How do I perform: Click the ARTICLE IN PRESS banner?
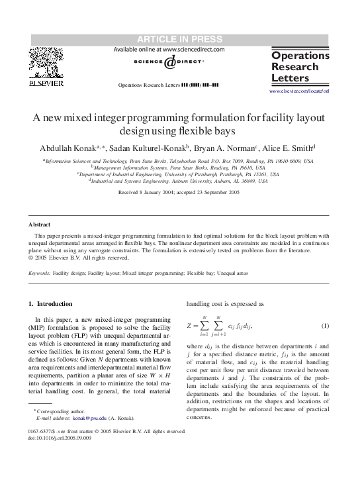click(x=179, y=40)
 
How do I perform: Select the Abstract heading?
click(x=40, y=224)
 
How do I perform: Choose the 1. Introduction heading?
click(x=50, y=304)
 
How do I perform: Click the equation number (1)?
click(x=325, y=326)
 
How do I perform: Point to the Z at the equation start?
click(x=191, y=326)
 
